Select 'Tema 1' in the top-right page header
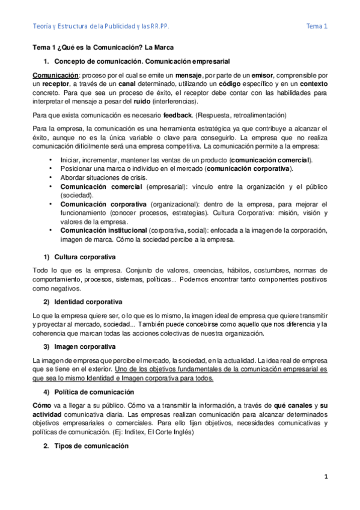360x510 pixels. pos(317,26)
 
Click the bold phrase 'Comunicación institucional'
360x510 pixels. pos(102,230)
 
